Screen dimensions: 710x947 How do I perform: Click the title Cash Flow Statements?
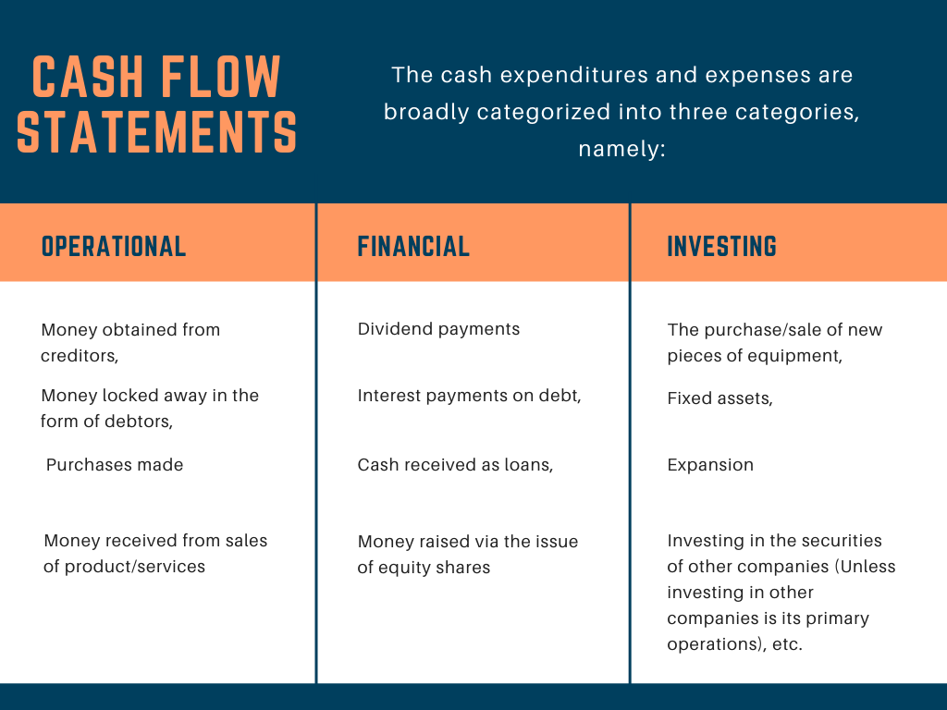[x=157, y=104]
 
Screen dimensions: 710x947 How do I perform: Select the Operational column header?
[x=114, y=246]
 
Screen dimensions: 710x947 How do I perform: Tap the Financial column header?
[x=413, y=246]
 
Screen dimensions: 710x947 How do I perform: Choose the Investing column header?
[x=721, y=246]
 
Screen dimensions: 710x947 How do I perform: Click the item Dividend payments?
[x=438, y=329]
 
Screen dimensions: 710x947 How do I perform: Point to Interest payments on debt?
[x=469, y=396]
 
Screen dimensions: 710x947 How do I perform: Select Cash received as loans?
[x=455, y=465]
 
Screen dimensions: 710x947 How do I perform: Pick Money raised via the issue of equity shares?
[x=467, y=554]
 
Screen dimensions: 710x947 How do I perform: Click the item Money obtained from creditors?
[x=130, y=342]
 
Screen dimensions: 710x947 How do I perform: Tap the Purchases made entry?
[x=115, y=465]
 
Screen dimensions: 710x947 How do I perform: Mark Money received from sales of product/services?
[x=155, y=553]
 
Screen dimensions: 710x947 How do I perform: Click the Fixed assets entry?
[x=719, y=398]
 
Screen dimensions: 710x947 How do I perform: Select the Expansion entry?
[x=710, y=465]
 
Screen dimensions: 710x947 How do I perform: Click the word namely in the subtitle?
[x=621, y=149]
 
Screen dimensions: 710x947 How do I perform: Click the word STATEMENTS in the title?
[x=157, y=130]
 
